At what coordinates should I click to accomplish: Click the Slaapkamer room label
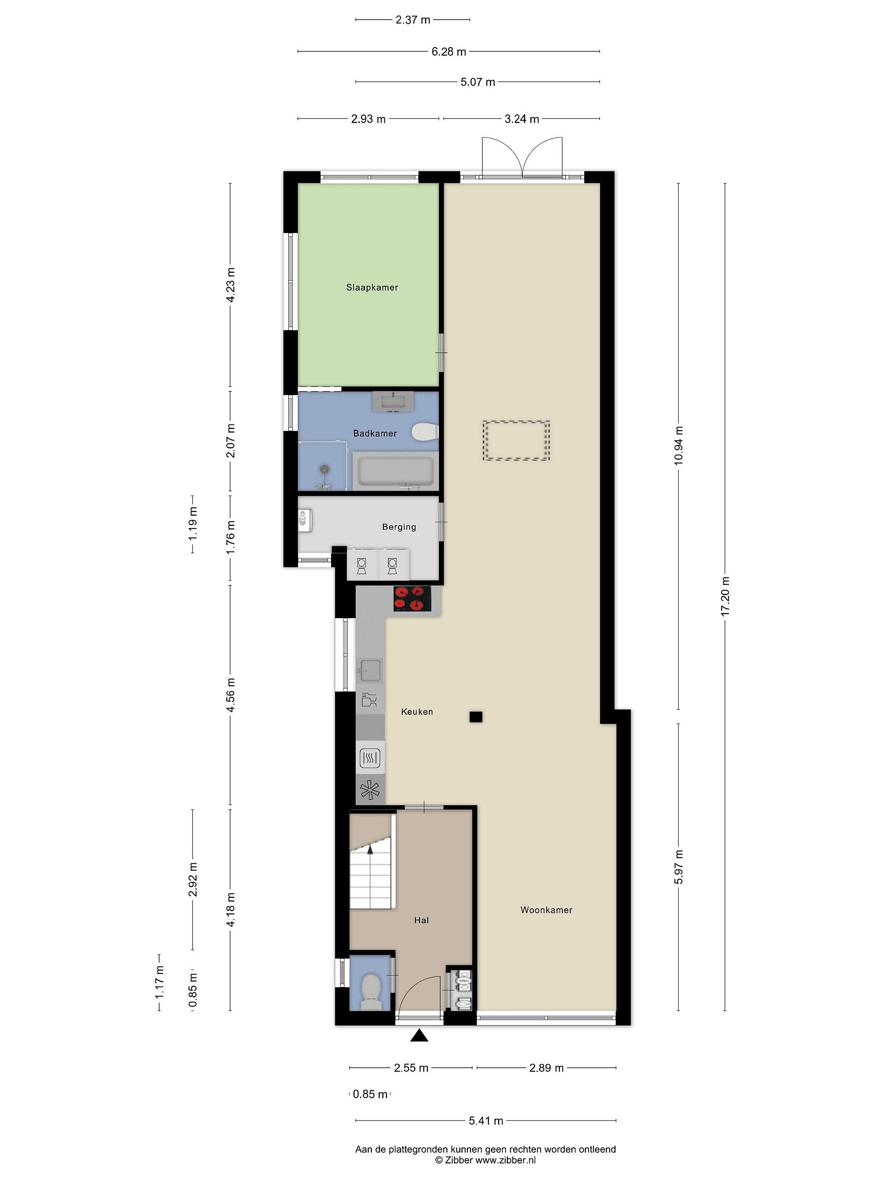coord(372,287)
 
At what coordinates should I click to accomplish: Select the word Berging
coord(399,526)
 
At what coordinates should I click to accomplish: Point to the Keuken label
coord(417,711)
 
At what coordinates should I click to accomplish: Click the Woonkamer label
coord(546,910)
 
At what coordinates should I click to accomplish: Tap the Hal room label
coord(421,920)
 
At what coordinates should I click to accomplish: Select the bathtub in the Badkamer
coord(395,471)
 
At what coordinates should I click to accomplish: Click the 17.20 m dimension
coord(725,596)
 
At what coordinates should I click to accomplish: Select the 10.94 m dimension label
coord(678,445)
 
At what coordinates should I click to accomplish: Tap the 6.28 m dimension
coord(449,52)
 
